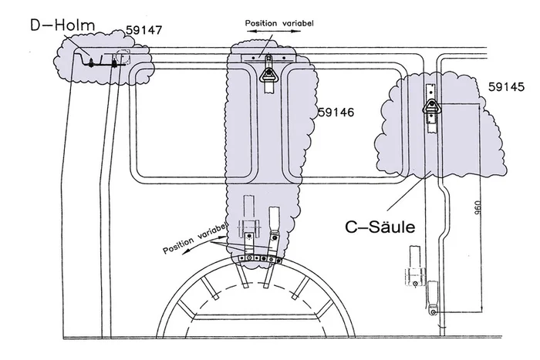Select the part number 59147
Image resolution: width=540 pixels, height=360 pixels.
pyautogui.click(x=142, y=30)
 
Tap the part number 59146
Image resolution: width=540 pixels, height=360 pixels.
pyautogui.click(x=336, y=113)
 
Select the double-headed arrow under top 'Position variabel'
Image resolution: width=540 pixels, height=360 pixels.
pyautogui.click(x=270, y=35)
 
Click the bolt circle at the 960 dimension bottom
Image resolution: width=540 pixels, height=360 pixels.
pyautogui.click(x=434, y=312)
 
